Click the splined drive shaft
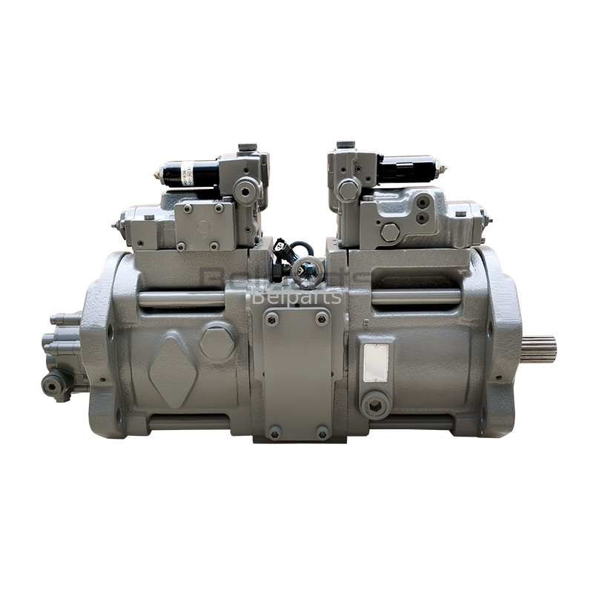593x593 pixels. pos(539,349)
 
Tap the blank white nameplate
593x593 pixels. pos(376,362)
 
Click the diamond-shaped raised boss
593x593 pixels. pos(173,371)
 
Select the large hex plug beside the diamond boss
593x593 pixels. pos(216,343)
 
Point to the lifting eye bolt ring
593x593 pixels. pos(307,271)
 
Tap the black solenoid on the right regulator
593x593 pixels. pos(407,169)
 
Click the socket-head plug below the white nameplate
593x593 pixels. pos(375,405)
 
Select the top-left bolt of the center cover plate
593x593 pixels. pos(272,319)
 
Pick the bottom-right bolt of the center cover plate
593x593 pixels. pos(322,431)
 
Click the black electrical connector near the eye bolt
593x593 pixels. pos(282,248)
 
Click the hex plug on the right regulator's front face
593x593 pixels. pos(390,232)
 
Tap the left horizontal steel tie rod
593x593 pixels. pos(182,299)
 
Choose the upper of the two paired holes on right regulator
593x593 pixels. pos(422,203)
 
